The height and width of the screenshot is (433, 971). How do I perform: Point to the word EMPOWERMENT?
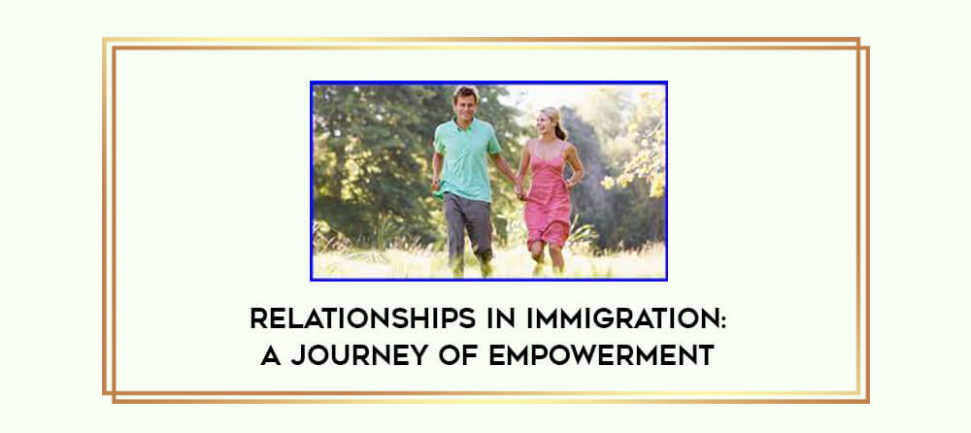click(601, 355)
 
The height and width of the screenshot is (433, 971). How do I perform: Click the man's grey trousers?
click(468, 226)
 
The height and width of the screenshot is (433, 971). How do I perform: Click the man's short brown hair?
click(466, 94)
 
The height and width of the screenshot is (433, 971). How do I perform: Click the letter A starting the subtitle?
click(271, 355)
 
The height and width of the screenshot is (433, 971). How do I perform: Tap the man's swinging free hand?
click(435, 184)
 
